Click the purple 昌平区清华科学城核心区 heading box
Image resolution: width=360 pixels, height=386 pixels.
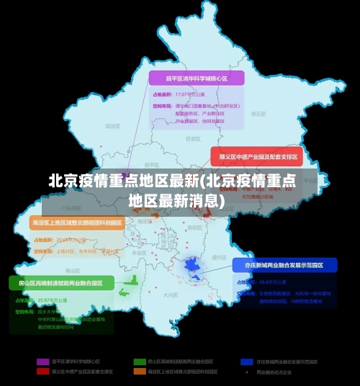tap(197, 78)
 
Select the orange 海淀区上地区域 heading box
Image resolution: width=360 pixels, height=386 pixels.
tap(77, 223)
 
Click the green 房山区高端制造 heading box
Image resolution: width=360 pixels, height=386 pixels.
tap(61, 283)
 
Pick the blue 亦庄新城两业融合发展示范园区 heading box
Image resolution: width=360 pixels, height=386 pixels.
tap(284, 265)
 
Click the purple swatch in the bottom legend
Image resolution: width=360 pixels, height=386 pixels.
tap(42, 361)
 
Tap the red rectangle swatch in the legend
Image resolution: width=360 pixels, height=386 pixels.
tap(42, 372)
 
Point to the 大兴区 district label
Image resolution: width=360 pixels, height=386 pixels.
tap(170, 295)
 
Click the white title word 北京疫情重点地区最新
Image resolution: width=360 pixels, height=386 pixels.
tap(123, 181)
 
